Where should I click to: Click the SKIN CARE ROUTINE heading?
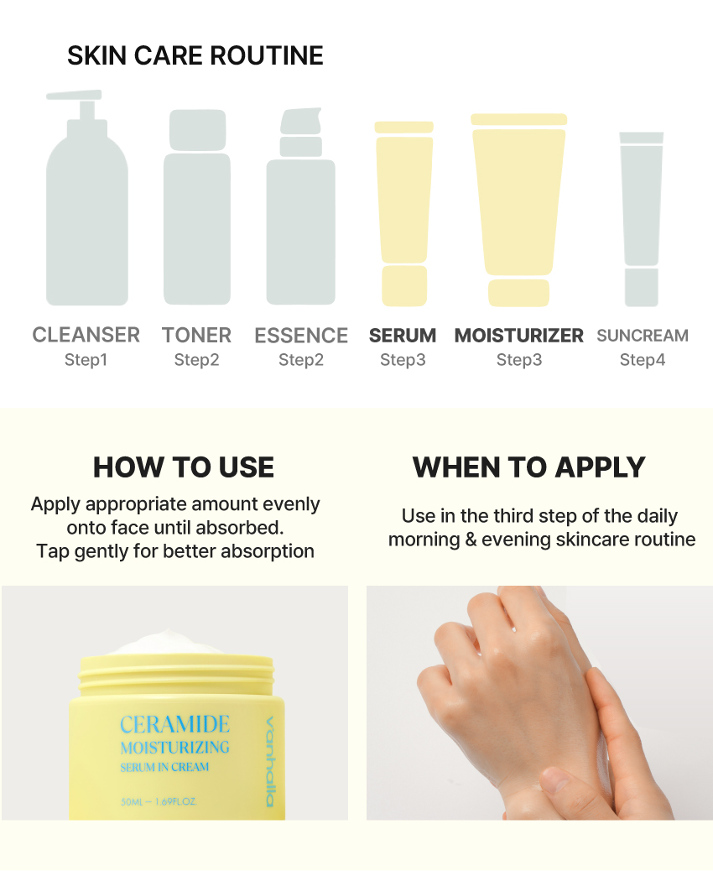(195, 55)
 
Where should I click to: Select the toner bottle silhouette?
(197, 218)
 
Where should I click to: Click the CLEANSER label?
(86, 335)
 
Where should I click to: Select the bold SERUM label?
(403, 336)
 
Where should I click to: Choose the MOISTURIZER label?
(518, 336)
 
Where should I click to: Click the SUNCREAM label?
(643, 336)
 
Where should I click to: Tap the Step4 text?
(643, 360)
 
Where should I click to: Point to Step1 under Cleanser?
(86, 360)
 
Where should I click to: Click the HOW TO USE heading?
(184, 467)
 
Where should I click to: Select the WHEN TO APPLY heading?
(529, 467)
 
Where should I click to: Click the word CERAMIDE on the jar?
(174, 724)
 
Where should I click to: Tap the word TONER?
(197, 335)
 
